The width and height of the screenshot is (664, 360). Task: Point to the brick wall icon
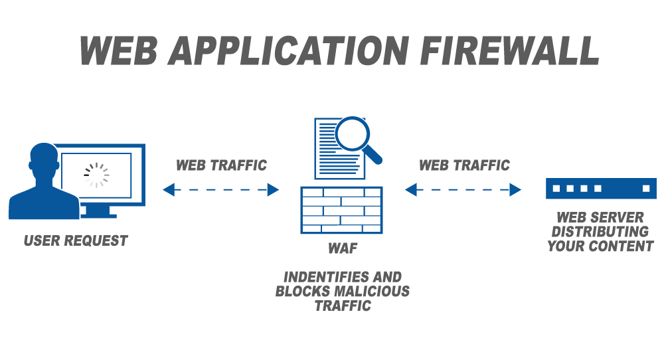(341, 209)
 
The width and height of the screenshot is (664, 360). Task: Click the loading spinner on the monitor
(96, 174)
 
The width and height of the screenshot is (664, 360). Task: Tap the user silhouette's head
(43, 159)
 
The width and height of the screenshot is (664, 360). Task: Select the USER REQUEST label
(75, 241)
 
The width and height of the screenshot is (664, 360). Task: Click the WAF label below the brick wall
(342, 250)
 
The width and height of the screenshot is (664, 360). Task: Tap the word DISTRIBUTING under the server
(600, 232)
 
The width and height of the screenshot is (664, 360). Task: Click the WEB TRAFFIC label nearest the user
(221, 165)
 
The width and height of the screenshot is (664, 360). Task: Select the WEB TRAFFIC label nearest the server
(464, 165)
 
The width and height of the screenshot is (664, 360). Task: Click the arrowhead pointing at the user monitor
(169, 190)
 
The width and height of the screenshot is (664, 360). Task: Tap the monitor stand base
(99, 215)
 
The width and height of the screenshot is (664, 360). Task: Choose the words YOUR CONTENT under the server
(600, 246)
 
